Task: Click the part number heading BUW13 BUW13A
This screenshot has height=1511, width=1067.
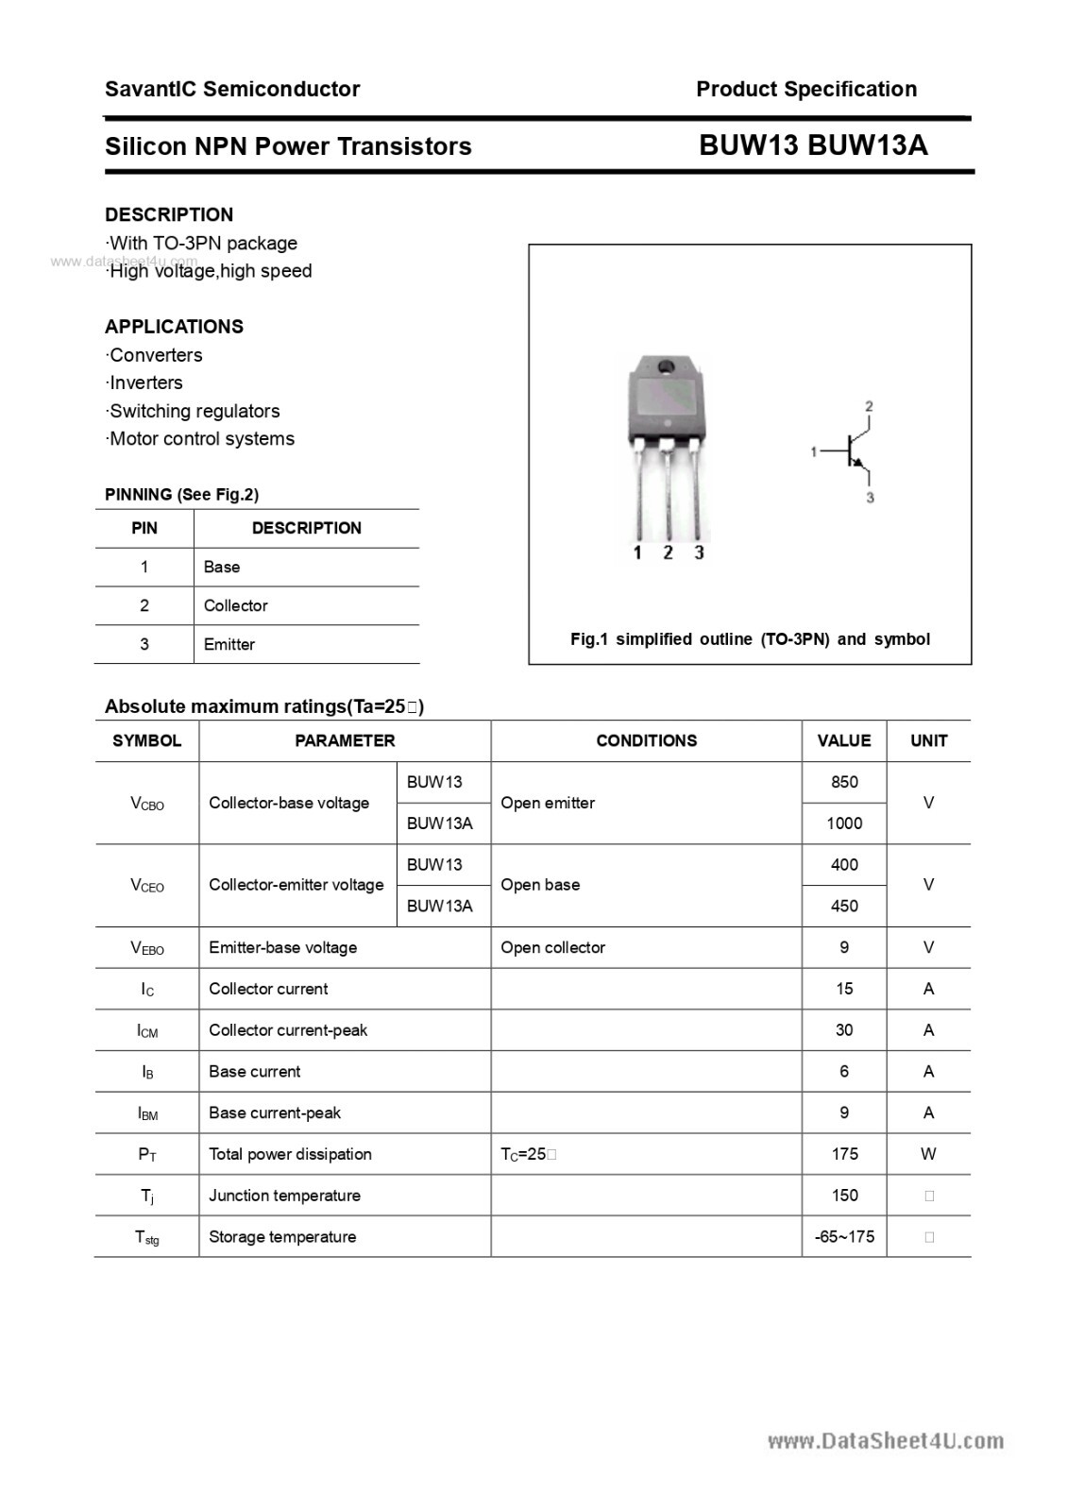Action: [x=813, y=145]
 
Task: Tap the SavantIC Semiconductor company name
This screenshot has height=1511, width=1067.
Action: [x=232, y=89]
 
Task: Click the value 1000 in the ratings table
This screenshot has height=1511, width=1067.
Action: [x=844, y=823]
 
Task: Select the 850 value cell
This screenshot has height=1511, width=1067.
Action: [x=844, y=782]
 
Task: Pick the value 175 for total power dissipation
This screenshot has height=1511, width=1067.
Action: [x=844, y=1154]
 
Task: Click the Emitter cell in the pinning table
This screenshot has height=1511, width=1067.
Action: [x=229, y=644]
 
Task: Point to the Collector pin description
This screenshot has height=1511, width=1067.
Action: [x=236, y=605]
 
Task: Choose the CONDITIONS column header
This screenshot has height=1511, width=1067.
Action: [x=646, y=740]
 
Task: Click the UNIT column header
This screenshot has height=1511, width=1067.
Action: [x=928, y=740]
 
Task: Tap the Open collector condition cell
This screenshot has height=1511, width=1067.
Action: [x=552, y=947]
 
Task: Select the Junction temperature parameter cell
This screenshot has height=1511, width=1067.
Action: [x=284, y=1196]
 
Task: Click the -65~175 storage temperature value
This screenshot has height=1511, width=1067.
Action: [x=844, y=1237]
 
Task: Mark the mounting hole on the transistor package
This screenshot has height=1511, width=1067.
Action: [x=666, y=367]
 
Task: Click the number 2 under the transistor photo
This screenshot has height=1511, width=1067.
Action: [x=668, y=552]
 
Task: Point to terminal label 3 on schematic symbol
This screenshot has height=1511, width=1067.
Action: [x=870, y=497]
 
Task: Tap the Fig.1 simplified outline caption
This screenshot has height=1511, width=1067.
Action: [x=750, y=639]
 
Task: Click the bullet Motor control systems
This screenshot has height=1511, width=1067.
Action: [x=201, y=438]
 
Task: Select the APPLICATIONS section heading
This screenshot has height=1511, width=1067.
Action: [x=174, y=327]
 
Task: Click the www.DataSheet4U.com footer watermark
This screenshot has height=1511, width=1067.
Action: [x=885, y=1440]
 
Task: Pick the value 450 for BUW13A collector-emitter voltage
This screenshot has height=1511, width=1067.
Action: [x=844, y=906]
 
